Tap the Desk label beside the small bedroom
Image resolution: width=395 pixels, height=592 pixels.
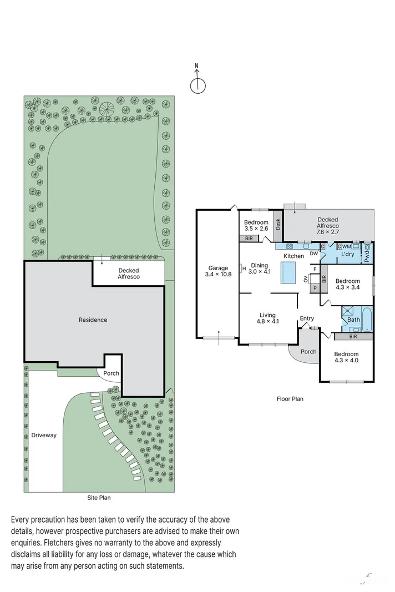[x=278, y=225]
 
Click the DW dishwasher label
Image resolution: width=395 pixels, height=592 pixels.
[x=314, y=254]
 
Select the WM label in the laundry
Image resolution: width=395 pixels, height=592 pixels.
[x=346, y=246]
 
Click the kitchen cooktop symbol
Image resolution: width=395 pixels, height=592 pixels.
[x=289, y=246]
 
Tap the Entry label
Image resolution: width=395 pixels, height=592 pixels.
[x=307, y=318]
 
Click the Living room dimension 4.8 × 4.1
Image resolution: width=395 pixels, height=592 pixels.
[x=267, y=321]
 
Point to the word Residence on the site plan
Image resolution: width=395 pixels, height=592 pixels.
[x=93, y=320]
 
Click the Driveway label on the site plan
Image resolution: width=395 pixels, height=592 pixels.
[x=44, y=435]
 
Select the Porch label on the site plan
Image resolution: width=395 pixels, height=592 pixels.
[x=111, y=373]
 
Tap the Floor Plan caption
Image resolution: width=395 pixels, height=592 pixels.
[x=290, y=398]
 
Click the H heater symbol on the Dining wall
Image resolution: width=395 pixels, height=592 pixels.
[x=244, y=269]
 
